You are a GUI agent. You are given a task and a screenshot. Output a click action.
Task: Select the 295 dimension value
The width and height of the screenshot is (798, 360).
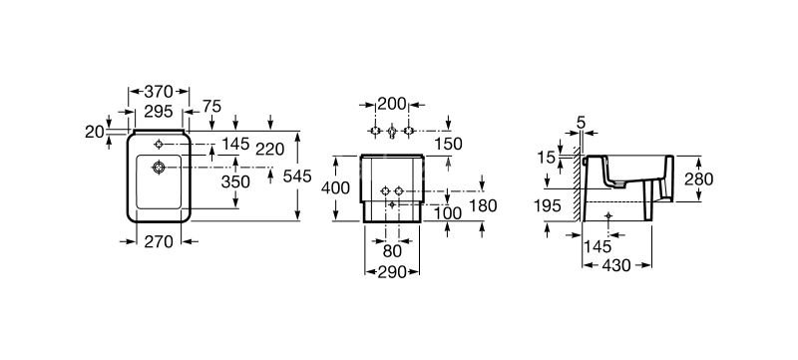(158, 111)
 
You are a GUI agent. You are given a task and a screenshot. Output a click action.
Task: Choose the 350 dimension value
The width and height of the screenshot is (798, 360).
(235, 182)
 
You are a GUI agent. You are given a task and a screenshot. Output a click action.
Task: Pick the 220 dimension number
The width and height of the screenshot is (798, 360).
(271, 148)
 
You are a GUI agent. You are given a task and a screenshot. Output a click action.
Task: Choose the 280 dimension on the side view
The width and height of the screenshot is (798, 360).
(698, 179)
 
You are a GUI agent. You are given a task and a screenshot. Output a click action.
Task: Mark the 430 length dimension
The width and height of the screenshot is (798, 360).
(618, 267)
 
